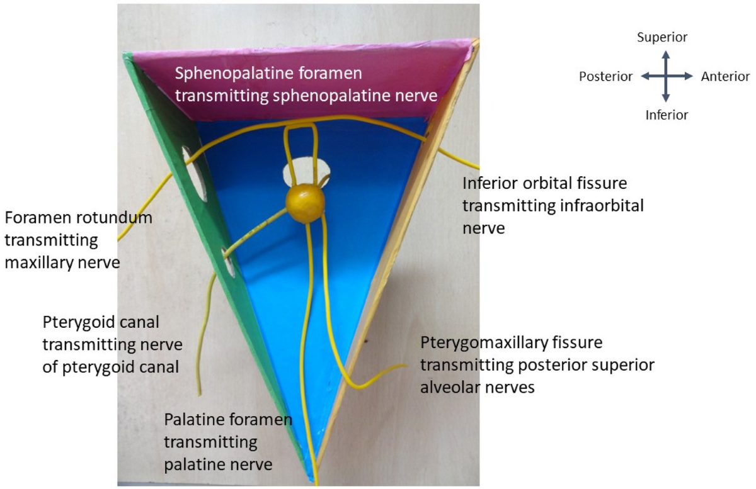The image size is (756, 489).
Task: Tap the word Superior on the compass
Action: [x=662, y=38]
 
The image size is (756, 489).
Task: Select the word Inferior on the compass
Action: [x=667, y=115]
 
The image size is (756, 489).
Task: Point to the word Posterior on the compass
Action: [x=605, y=77]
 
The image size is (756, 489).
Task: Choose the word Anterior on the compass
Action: [x=725, y=77]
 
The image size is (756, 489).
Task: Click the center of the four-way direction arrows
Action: [x=666, y=76]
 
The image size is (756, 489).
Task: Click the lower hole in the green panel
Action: [x=228, y=262]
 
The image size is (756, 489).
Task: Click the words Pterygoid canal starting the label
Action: [x=101, y=323]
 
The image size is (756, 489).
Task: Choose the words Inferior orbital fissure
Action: [x=545, y=184]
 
